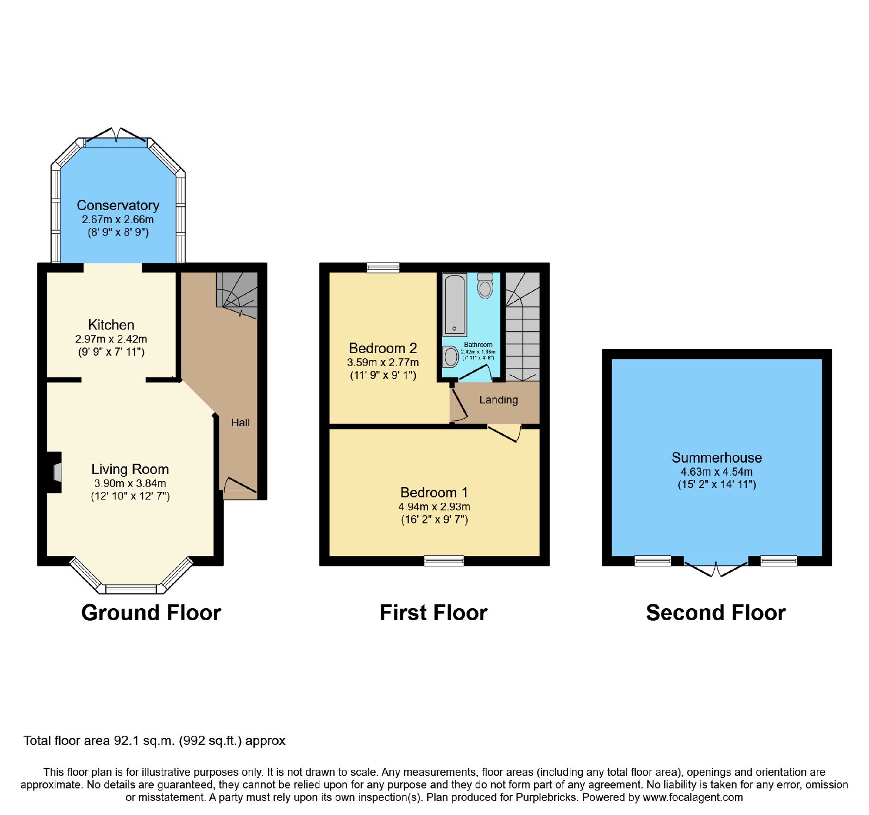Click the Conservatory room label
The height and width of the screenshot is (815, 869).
coord(118,205)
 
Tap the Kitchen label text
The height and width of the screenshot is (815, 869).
coord(111,325)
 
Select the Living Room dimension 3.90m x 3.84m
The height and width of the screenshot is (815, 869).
coord(130,483)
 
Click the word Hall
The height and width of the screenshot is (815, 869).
coord(241,422)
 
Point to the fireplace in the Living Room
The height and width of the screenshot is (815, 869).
coord(54,472)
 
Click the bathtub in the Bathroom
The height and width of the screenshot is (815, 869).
coord(455,305)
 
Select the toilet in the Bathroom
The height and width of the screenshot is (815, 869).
coord(485,285)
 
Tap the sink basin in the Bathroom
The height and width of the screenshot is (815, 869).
coord(450,357)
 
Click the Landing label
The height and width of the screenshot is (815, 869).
coord(499,400)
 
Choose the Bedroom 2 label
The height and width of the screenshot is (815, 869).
coord(383,348)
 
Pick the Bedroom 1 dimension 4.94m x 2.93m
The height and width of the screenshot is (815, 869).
coord(434,507)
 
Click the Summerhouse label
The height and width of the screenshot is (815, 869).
coord(717,458)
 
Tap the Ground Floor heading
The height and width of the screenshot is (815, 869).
coord(151,612)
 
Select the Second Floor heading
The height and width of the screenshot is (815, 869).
coord(716,612)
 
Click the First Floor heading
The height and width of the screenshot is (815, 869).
coord(433,612)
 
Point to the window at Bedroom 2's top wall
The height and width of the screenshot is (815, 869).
coord(383,267)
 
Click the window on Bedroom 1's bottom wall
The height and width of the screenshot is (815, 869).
coord(444,561)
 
